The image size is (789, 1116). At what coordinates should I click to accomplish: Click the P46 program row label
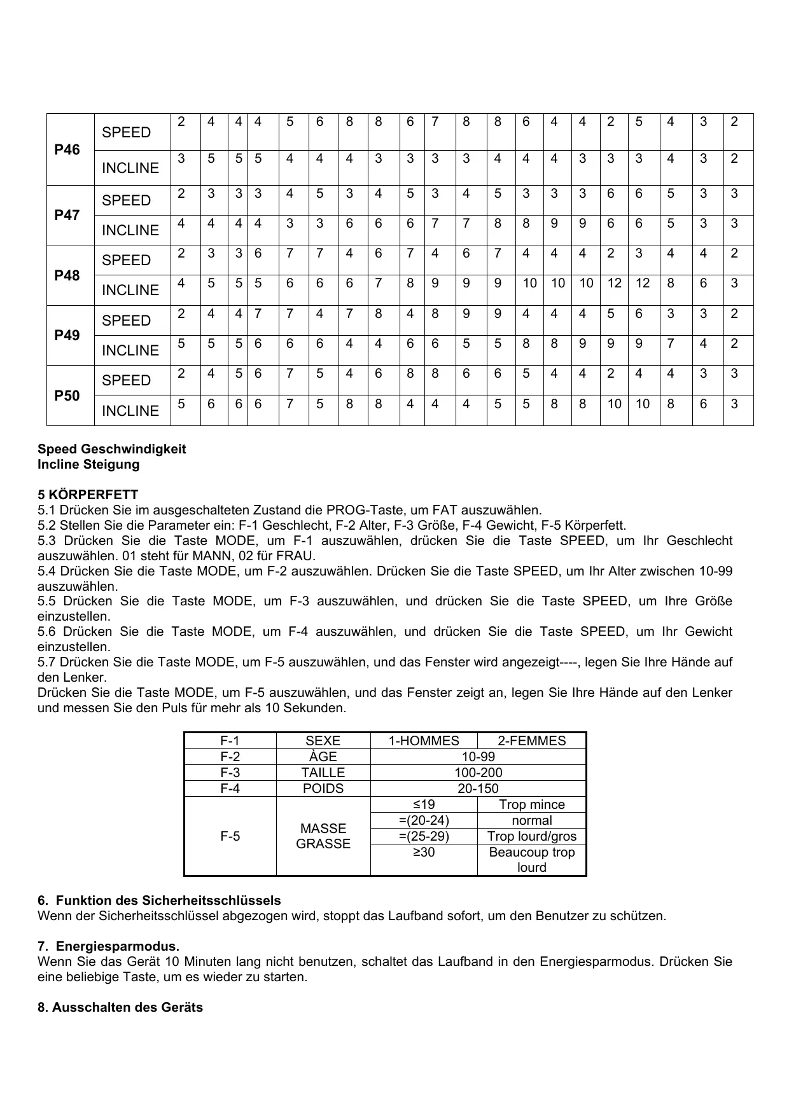click(x=67, y=149)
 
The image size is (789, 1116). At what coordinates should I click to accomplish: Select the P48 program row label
click(x=67, y=275)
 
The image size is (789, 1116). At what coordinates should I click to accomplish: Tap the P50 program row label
click(x=67, y=396)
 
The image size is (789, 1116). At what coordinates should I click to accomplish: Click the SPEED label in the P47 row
click(x=126, y=200)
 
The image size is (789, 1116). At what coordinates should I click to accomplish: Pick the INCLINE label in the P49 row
click(x=130, y=350)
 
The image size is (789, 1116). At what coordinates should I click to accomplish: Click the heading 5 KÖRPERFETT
click(x=88, y=494)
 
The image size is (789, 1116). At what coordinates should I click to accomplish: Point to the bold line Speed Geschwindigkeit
click(x=112, y=449)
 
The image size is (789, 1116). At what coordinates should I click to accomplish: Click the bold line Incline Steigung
click(x=88, y=464)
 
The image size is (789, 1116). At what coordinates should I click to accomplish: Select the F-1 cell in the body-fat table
click(x=230, y=741)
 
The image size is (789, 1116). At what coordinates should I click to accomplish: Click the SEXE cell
click(x=323, y=741)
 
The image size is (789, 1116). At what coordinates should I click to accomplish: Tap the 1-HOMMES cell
click(x=424, y=741)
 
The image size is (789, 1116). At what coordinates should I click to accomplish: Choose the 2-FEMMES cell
click(x=531, y=741)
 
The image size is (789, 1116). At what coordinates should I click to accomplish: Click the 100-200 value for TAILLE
click(x=478, y=773)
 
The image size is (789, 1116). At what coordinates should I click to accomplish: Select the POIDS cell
click(x=323, y=789)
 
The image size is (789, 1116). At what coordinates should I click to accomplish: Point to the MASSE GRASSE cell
click(x=323, y=836)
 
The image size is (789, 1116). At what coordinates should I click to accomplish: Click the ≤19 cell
click(x=424, y=804)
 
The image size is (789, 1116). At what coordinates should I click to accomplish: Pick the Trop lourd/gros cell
click(x=531, y=836)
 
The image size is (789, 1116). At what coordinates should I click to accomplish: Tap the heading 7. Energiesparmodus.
click(x=108, y=946)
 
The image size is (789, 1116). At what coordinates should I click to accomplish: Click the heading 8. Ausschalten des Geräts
click(x=120, y=1007)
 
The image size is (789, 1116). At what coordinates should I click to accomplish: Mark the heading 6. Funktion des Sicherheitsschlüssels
click(x=159, y=900)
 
